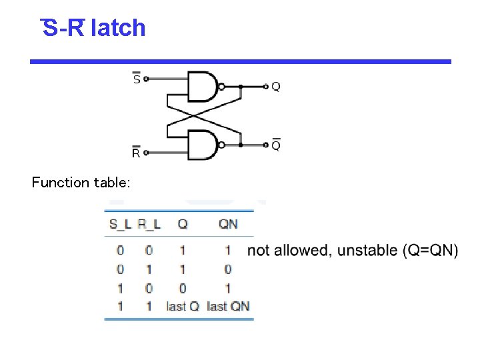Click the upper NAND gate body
(203, 85)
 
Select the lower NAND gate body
(203, 145)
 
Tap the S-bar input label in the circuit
(137, 79)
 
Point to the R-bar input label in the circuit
(136, 153)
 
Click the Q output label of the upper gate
(275, 86)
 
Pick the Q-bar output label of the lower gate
(275, 144)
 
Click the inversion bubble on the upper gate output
(223, 86)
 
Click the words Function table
(81, 183)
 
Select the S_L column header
(120, 224)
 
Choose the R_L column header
(149, 224)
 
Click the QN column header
(228, 224)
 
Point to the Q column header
(182, 224)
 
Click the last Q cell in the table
(183, 307)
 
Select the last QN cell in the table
(228, 307)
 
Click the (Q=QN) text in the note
(431, 251)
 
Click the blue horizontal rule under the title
(240, 61)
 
